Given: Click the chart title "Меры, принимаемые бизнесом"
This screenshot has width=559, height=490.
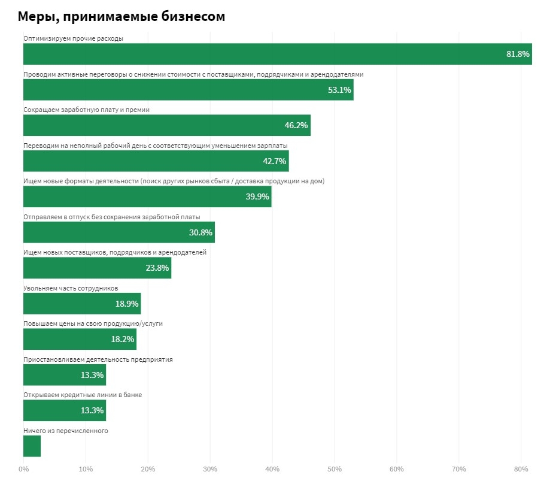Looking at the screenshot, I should click(121, 17).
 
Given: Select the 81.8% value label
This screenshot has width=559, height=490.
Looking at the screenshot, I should click(518, 54).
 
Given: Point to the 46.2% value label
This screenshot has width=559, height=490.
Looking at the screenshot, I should click(296, 125).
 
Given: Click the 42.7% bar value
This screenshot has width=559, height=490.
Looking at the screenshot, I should click(275, 161).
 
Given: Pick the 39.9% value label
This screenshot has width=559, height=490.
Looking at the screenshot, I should click(257, 196).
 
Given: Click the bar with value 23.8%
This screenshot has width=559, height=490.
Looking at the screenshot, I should click(97, 268).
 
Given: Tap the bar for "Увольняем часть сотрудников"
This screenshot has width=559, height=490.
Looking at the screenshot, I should click(81, 304).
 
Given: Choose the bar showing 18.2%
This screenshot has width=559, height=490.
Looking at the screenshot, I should click(80, 339).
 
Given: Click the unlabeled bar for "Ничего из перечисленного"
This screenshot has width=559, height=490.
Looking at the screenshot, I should click(32, 446).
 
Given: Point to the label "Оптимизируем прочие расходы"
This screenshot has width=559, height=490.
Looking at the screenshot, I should click(73, 38).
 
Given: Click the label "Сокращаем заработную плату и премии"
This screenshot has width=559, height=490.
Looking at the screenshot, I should click(86, 110).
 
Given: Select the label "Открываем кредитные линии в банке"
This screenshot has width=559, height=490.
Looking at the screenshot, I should click(82, 395).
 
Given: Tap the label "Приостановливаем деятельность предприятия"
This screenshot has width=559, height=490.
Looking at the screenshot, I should click(98, 359).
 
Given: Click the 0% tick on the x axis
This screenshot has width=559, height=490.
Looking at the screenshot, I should click(23, 468).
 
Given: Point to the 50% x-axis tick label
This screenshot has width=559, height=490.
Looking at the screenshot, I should click(335, 468).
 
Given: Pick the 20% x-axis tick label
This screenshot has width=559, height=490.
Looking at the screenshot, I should click(148, 468).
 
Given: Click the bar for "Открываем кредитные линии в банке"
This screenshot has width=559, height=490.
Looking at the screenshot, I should click(64, 410).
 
